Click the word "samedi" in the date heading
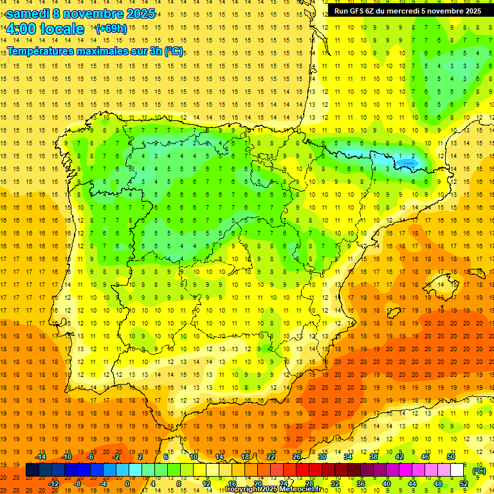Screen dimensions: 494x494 [28, 14]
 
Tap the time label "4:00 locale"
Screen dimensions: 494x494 [45, 29]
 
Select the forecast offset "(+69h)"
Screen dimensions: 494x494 [111, 29]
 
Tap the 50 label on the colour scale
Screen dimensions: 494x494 [451, 457]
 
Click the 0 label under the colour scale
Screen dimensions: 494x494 [127, 484]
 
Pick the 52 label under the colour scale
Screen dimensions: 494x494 [464, 484]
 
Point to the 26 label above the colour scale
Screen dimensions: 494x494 [297, 457]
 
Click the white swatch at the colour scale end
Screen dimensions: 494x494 [457, 470]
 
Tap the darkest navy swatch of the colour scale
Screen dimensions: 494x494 [32, 470]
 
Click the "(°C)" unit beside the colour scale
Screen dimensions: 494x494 [479, 470]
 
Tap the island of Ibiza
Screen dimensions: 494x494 [395, 313]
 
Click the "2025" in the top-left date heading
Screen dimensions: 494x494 [136, 14]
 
